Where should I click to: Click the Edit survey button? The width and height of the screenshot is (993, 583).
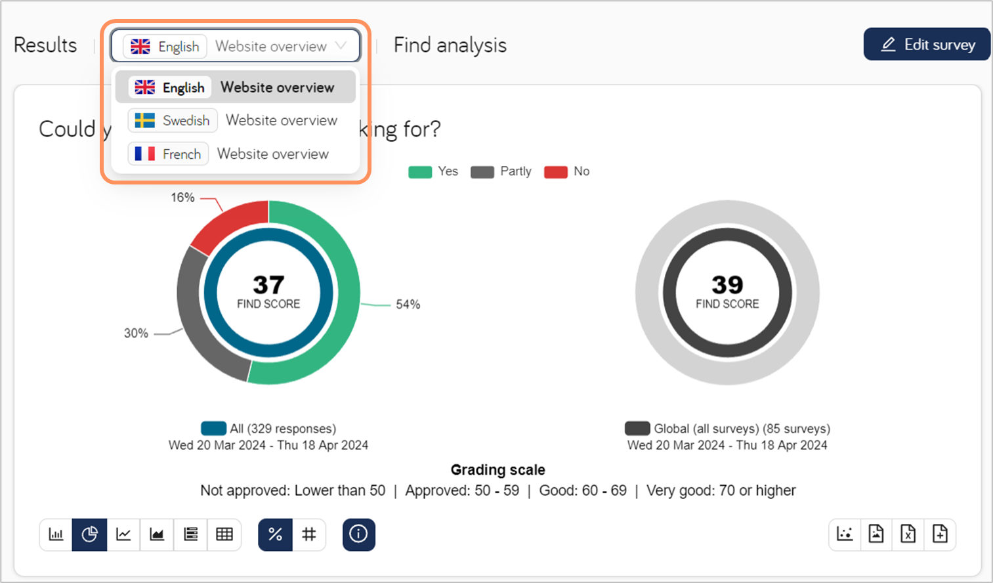927,45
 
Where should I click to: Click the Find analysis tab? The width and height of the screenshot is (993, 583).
450,45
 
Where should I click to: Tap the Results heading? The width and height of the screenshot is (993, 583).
45,45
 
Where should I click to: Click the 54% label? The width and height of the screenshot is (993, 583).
408,305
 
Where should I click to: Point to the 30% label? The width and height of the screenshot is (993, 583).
136,334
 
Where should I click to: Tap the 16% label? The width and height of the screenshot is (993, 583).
182,198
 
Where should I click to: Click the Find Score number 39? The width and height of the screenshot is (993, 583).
727,285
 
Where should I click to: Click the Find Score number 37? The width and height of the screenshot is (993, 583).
268,285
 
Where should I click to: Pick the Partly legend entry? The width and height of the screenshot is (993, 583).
501,172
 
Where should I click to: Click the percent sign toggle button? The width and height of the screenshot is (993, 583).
275,534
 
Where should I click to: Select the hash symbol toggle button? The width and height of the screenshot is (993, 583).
309,534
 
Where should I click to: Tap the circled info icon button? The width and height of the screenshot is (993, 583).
358,534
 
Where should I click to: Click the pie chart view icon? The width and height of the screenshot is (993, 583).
90,534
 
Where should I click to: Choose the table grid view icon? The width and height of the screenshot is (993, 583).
224,534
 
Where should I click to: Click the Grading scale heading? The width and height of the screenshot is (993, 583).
497,470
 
